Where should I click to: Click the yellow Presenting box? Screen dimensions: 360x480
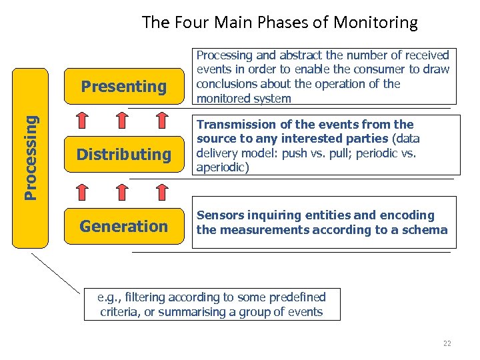coord(124,86)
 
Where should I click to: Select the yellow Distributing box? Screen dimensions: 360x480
coord(124,155)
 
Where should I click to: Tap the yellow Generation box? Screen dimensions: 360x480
coord(124,226)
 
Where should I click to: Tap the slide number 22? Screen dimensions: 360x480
coord(447,343)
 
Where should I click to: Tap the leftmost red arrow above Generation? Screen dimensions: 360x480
coord(82,191)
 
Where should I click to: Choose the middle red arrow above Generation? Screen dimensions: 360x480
coord(123,191)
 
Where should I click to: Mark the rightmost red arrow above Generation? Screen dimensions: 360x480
coord(162,191)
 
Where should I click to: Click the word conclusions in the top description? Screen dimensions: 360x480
coord(225,84)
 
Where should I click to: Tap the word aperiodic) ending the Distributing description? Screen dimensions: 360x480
coord(222,167)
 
